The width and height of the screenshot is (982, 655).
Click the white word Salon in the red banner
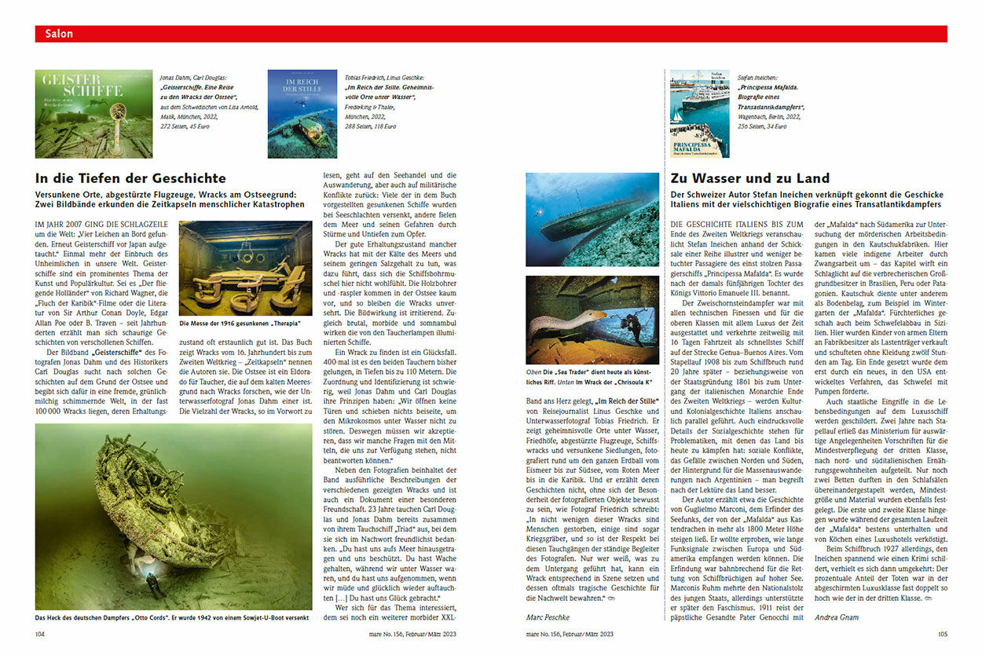(59, 34)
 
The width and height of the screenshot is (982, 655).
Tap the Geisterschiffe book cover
(82, 114)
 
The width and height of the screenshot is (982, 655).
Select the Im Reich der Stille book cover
(302, 114)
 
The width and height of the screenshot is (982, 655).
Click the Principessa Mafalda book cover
(688, 114)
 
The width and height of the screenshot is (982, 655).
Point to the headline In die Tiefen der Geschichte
(131, 178)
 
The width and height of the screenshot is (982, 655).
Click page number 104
(42, 634)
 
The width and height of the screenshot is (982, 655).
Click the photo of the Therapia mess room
(245, 269)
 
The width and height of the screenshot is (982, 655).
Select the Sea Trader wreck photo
(592, 219)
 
